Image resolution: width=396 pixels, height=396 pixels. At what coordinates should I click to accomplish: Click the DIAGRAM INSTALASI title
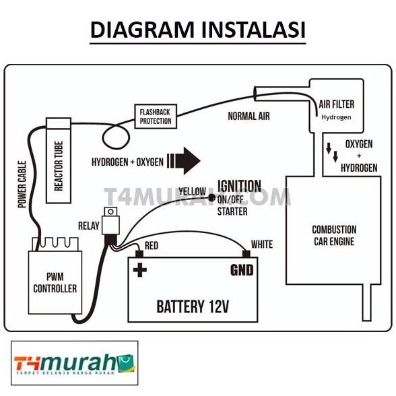coord(197,30)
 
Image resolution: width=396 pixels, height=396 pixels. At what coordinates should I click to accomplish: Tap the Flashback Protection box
coord(156,117)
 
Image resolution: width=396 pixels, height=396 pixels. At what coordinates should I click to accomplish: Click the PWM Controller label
coord(55,283)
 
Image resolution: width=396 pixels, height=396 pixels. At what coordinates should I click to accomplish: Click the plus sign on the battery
coord(141,271)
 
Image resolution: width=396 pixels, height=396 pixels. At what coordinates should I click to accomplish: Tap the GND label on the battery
coord(242,271)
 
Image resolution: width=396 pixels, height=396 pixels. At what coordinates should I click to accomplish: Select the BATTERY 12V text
coord(193,307)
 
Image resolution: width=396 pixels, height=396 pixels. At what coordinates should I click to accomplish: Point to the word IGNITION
coord(239,187)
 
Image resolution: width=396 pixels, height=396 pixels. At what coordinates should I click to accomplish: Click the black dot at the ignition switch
coord(211,197)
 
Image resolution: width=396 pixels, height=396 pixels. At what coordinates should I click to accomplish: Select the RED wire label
coord(152,246)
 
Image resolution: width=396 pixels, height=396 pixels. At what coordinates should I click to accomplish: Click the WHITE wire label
coord(261,244)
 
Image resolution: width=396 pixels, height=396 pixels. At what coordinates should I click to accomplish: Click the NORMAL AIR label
coord(249,116)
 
